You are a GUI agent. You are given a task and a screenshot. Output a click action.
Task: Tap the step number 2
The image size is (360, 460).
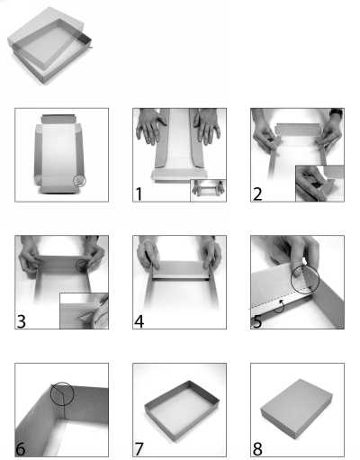pyautogui.click(x=257, y=194)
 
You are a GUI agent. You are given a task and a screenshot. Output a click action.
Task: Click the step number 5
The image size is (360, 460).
pyautogui.click(x=257, y=320)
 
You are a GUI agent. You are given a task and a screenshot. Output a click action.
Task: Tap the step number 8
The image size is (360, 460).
pyautogui.click(x=257, y=447)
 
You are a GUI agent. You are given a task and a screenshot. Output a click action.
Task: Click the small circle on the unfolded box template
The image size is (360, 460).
pyautogui.click(x=80, y=181)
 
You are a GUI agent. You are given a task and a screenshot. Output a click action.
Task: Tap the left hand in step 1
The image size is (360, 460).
pyautogui.click(x=151, y=128)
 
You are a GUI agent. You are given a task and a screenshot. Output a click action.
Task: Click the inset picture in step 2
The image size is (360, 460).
pyautogui.click(x=319, y=183)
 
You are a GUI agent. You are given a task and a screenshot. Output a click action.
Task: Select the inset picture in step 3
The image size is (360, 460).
pyautogui.click(x=84, y=310)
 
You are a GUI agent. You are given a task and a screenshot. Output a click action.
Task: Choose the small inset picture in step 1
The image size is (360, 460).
pyautogui.click(x=208, y=189)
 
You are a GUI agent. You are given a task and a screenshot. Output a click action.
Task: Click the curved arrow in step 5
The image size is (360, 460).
pyautogui.click(x=278, y=306)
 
